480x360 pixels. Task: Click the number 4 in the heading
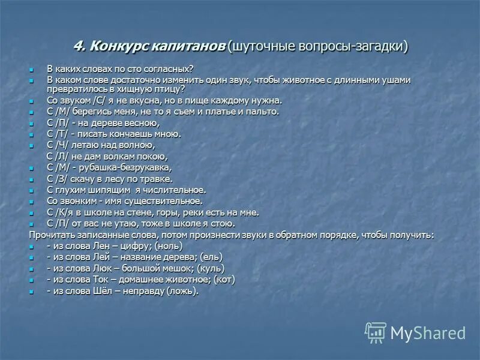[77, 46]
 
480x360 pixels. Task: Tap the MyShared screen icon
[376, 332]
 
